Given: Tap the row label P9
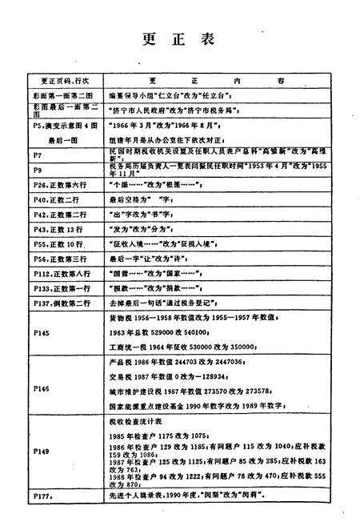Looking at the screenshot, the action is point(38,170).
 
